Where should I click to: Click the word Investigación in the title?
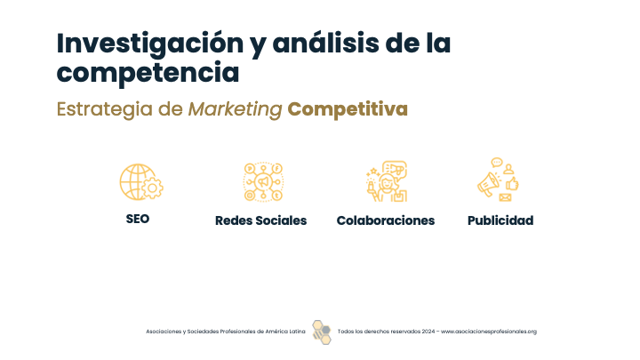click(150, 44)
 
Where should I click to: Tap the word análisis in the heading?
click(325, 43)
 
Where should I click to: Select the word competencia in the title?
click(148, 73)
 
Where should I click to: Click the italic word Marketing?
click(235, 109)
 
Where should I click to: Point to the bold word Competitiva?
click(348, 109)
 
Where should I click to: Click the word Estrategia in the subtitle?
click(105, 109)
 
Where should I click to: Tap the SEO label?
click(138, 219)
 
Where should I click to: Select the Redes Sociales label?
click(260, 220)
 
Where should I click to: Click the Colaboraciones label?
click(386, 220)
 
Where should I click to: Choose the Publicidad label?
click(500, 220)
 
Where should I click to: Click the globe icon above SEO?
click(136, 181)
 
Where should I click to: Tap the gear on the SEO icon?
click(153, 188)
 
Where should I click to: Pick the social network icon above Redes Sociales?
click(263, 181)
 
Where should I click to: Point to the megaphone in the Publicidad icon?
click(488, 185)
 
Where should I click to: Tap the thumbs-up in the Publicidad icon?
click(512, 184)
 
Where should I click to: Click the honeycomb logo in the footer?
click(322, 332)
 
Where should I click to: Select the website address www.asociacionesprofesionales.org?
click(489, 332)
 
